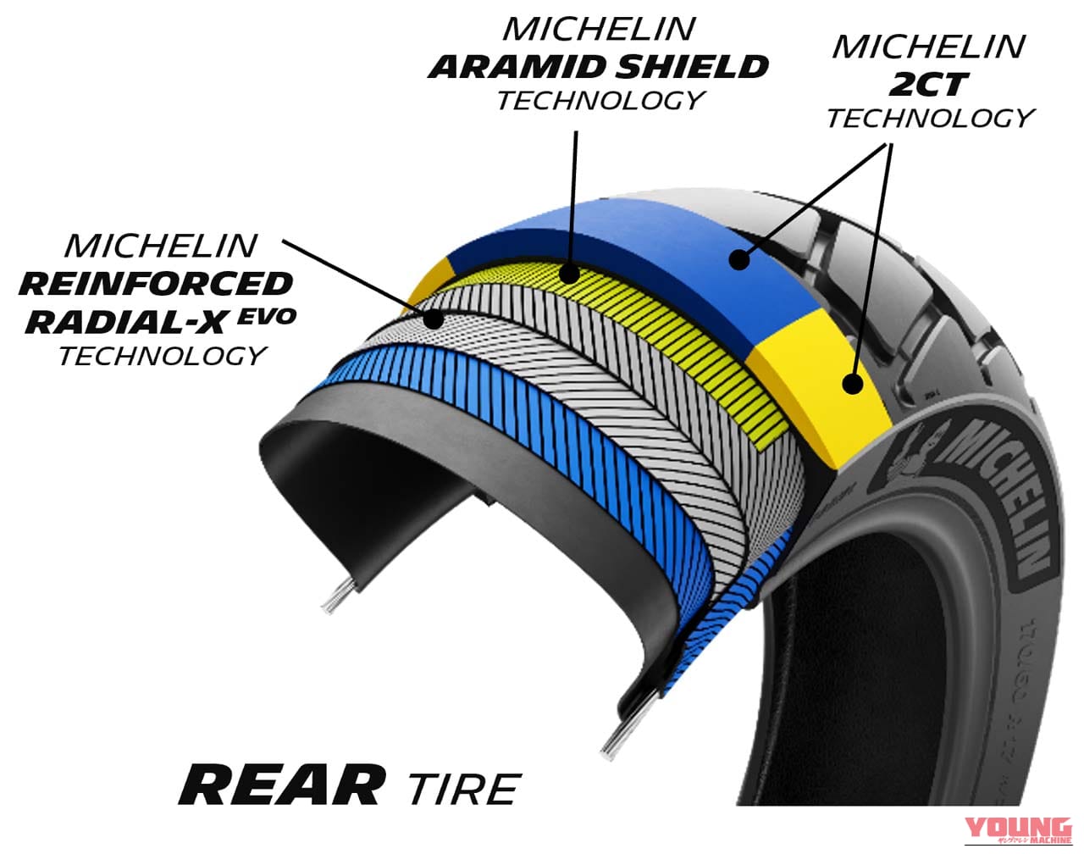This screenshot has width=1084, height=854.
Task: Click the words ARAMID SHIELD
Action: (599, 66)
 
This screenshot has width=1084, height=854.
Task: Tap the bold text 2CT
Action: (929, 83)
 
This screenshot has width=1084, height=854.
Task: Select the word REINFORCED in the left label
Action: (156, 284)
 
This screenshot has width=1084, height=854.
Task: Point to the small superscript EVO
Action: (268, 317)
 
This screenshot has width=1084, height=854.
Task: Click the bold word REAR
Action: (281, 785)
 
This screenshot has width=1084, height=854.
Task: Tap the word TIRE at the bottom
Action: (462, 789)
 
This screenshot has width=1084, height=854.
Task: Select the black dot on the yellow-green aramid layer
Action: (570, 274)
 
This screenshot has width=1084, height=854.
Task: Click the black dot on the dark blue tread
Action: (740, 258)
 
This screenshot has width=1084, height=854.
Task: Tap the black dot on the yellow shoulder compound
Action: (853, 383)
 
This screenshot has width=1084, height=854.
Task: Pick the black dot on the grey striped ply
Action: (435, 319)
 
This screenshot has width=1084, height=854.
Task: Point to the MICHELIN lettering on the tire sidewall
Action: (1004, 500)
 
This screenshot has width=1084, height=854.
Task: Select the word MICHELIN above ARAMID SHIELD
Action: (598, 29)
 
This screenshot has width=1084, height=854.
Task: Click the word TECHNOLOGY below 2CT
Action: (929, 118)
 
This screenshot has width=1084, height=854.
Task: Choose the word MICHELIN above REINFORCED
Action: (160, 246)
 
